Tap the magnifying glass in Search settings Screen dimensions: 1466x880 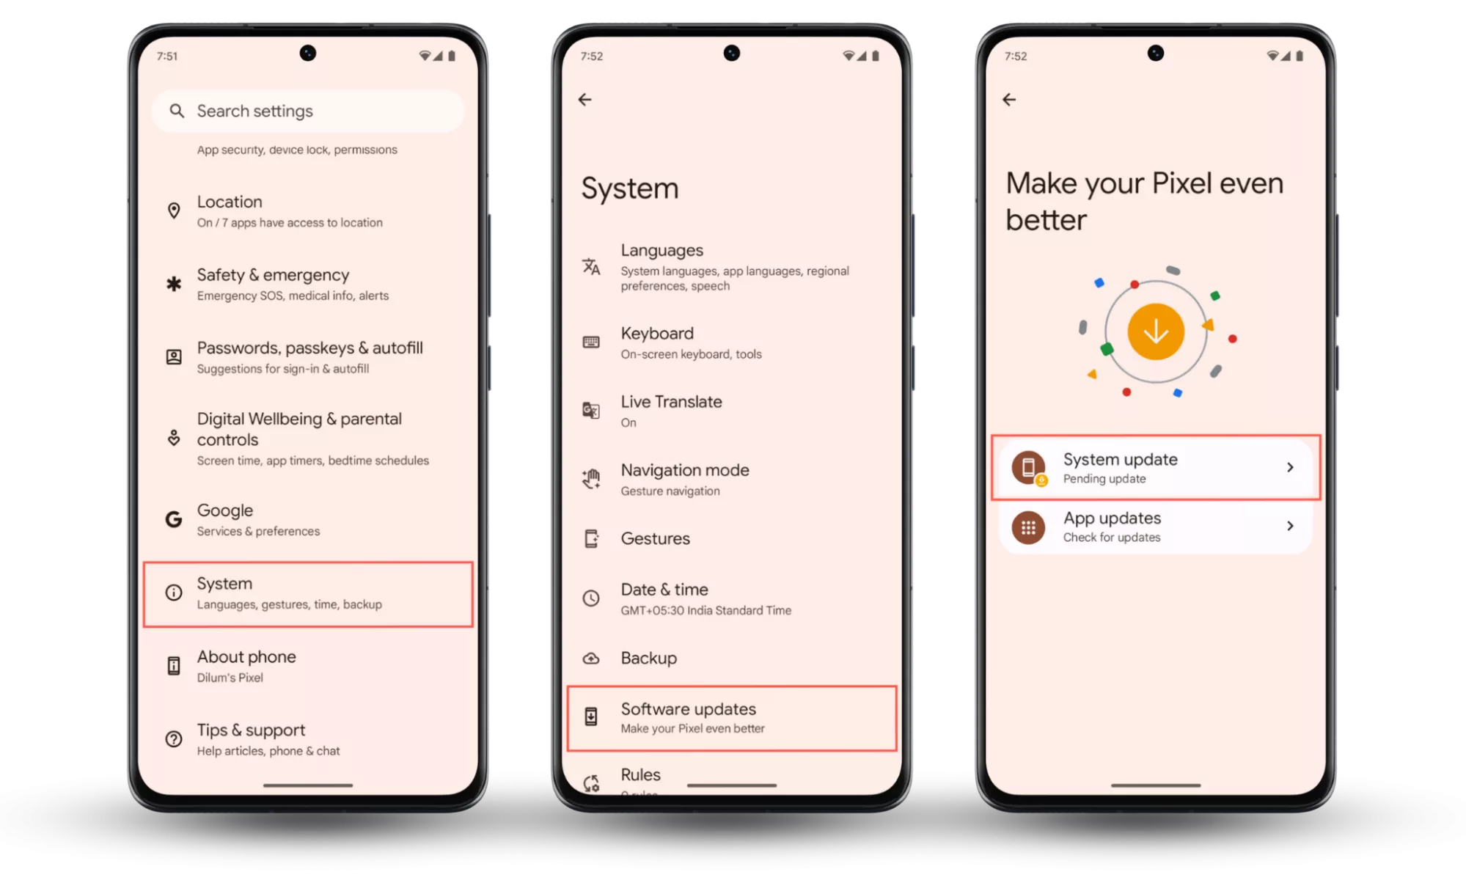coord(176,111)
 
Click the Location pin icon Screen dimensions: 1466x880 coord(174,211)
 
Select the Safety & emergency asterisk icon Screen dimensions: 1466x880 coord(174,284)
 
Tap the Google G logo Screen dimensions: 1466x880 coord(174,519)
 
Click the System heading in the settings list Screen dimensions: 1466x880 coord(224,584)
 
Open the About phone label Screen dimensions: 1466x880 coord(246,656)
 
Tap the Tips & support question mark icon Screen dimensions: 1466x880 coord(174,739)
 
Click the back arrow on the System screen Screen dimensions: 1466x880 coord(584,100)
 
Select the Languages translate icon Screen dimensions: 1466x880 coord(591,266)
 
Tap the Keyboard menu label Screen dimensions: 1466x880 coord(657,334)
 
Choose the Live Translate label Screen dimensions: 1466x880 coord(671,402)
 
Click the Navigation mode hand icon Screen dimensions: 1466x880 coord(591,479)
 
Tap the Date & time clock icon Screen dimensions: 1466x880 coord(591,598)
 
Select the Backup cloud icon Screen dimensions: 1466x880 coord(591,659)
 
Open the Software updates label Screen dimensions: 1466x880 coord(688,709)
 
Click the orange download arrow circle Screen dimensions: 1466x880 coord(1156,331)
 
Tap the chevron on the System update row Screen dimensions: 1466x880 coord(1290,467)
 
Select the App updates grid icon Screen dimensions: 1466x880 coord(1028,527)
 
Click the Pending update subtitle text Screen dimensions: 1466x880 coord(1104,479)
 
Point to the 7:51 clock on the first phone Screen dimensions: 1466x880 coord(167,56)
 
